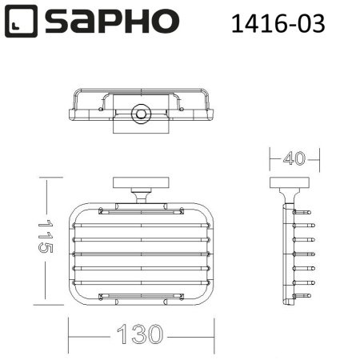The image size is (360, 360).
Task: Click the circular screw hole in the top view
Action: (142, 114)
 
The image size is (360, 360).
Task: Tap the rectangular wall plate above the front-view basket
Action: (142, 182)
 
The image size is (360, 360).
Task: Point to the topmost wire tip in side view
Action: (306, 213)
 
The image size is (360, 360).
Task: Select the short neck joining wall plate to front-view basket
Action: (142, 195)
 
